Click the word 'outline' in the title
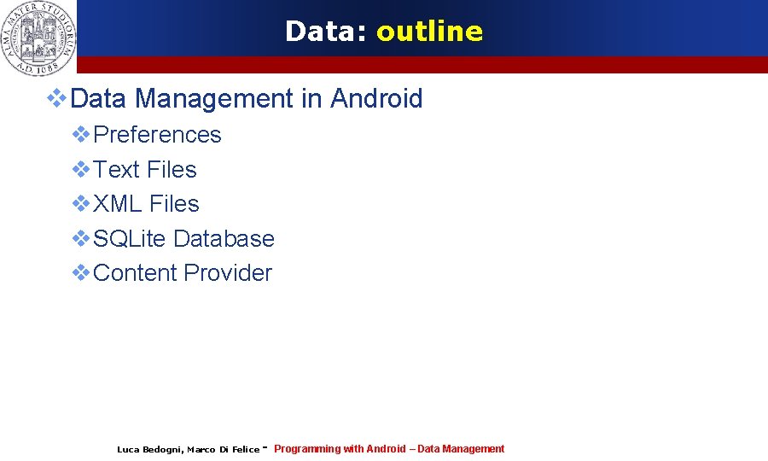pos(429,32)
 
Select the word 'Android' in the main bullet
pos(376,99)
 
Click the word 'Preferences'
pos(157,135)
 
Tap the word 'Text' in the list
pos(117,170)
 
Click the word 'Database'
pos(224,239)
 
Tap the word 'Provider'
pos(228,273)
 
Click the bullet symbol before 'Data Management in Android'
pos(57,98)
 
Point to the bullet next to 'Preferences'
pos(81,134)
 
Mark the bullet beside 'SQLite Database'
pos(81,238)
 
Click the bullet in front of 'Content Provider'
pos(81,272)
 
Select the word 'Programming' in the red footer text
pos(307,449)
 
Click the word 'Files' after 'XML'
pos(174,204)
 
